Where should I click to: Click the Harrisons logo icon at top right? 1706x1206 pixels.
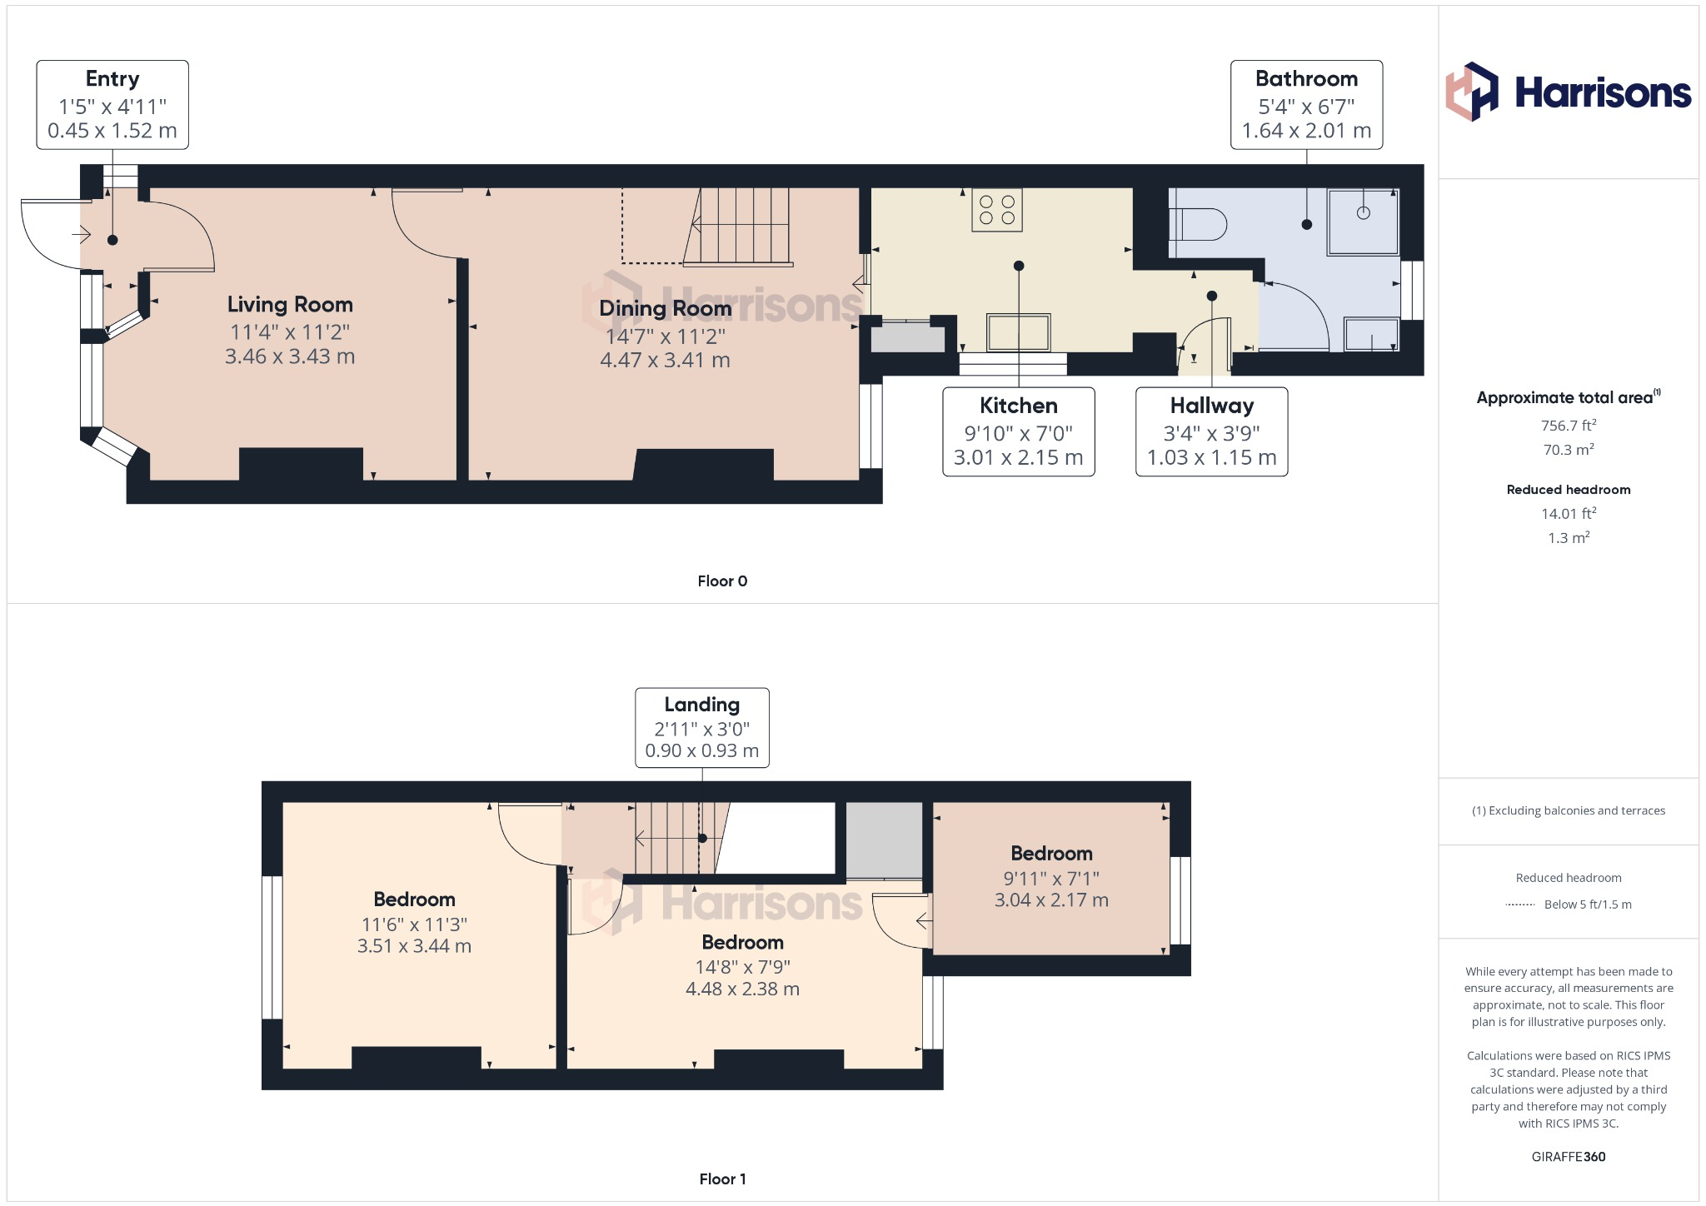[1471, 92]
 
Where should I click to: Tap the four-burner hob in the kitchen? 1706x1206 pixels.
[996, 210]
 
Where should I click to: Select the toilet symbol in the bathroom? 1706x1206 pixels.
[1198, 224]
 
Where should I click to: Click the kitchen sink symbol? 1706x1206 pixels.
[1018, 332]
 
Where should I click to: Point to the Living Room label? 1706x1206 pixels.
[290, 305]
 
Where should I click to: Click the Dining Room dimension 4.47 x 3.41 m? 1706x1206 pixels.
[665, 361]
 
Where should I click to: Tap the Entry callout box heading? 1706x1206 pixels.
[112, 79]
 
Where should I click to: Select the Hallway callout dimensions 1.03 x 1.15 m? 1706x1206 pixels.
[1211, 457]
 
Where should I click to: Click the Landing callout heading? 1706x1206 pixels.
[701, 705]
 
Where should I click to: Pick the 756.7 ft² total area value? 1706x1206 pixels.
[1568, 426]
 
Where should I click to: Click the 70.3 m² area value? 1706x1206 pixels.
[1568, 450]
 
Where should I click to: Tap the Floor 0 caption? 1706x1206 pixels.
[722, 581]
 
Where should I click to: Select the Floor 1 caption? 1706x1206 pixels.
[722, 1179]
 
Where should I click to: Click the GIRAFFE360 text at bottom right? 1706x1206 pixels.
[1568, 1157]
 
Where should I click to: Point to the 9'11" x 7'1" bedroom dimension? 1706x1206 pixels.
[1050, 879]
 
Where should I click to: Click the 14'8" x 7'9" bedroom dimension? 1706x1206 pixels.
[742, 967]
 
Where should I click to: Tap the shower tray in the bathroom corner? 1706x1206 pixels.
[1363, 222]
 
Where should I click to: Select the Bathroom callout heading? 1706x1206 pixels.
[1306, 79]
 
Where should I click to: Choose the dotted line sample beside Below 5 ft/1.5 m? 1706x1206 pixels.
[1520, 904]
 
